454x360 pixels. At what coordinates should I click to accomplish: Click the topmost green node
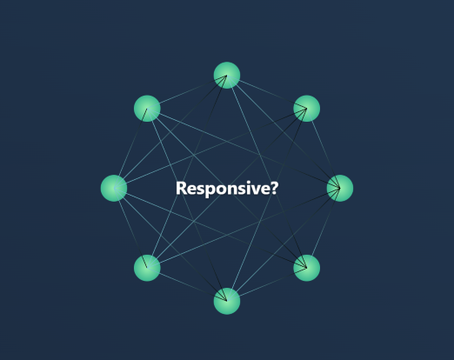pos(227,75)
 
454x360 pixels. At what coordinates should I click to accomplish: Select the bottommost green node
pos(227,301)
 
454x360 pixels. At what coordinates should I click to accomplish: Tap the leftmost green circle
pos(114,188)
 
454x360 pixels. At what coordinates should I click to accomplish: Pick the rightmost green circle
pos(340,188)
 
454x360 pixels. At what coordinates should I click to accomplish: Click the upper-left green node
pos(147,109)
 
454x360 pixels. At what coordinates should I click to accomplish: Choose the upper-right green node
pos(307,109)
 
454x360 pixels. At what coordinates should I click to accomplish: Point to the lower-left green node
pos(147,268)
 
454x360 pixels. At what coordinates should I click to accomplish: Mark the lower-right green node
pos(307,268)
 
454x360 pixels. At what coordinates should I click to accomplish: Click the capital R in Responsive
pos(181,188)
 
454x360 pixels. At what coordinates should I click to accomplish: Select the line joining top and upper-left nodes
pos(187,91)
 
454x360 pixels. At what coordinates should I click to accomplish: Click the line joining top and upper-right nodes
pos(267,91)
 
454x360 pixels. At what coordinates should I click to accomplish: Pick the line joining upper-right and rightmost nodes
pos(324,148)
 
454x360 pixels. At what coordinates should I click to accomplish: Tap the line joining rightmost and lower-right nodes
pos(324,228)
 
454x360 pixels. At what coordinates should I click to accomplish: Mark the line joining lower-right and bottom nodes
pos(267,284)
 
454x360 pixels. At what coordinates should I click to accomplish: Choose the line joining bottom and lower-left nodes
pos(187,284)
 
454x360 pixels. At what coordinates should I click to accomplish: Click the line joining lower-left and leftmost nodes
pos(130,228)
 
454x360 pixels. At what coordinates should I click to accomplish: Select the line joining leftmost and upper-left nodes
pos(130,148)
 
